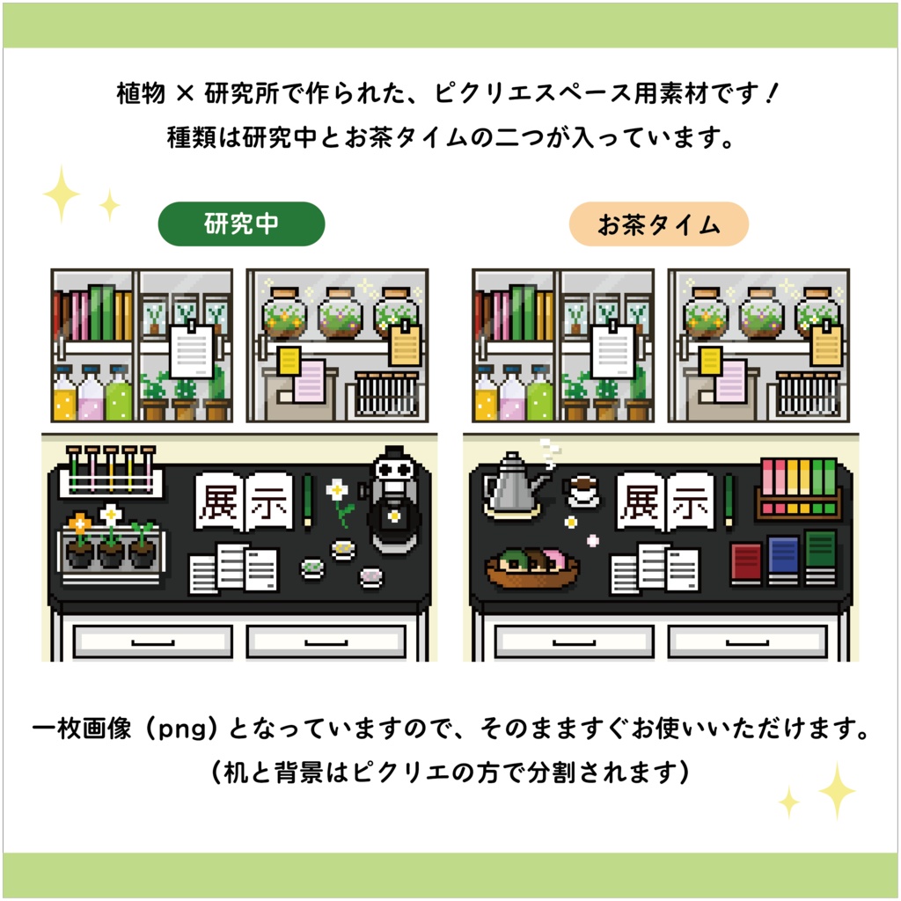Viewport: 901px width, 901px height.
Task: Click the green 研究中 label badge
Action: coord(241,224)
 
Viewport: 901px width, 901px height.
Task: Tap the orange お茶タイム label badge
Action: coord(658,224)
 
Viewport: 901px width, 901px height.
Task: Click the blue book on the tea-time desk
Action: coord(782,560)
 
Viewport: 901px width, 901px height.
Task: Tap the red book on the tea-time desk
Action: coord(745,563)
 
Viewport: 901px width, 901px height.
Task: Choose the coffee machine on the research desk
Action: coord(394,502)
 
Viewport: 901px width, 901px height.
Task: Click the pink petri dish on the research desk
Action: coord(370,575)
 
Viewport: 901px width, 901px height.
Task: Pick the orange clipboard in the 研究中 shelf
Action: coord(405,344)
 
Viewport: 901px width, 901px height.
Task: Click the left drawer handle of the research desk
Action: coord(151,641)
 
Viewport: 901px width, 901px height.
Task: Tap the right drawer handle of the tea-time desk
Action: coord(747,641)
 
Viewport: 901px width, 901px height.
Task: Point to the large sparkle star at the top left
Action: coord(62,194)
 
